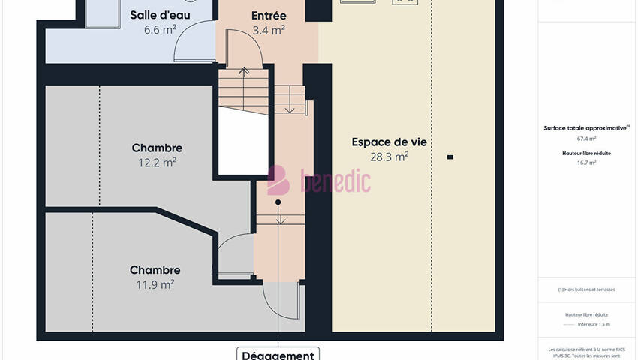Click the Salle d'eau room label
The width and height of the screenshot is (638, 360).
pyautogui.click(x=160, y=15)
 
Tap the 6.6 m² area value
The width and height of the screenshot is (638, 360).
pyautogui.click(x=160, y=30)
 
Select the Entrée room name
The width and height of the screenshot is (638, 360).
pyautogui.click(x=268, y=15)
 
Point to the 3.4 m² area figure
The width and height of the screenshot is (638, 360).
pyautogui.click(x=268, y=30)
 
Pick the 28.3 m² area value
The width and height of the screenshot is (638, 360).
pyautogui.click(x=389, y=157)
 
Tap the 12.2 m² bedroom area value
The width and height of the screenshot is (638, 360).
pyautogui.click(x=157, y=162)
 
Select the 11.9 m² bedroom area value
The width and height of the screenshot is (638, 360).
pyautogui.click(x=155, y=284)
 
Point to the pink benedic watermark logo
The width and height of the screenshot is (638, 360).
pyautogui.click(x=319, y=181)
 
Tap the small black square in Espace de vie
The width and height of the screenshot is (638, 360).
pyautogui.click(x=450, y=157)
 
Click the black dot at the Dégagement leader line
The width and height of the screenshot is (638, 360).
pyautogui.click(x=278, y=202)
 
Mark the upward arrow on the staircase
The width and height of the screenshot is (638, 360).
pyautogui.click(x=244, y=73)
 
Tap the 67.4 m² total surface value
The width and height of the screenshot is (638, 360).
pyautogui.click(x=586, y=139)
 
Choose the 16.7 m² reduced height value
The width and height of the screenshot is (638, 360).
pyautogui.click(x=586, y=163)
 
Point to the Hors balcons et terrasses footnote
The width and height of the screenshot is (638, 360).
pyautogui.click(x=586, y=289)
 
